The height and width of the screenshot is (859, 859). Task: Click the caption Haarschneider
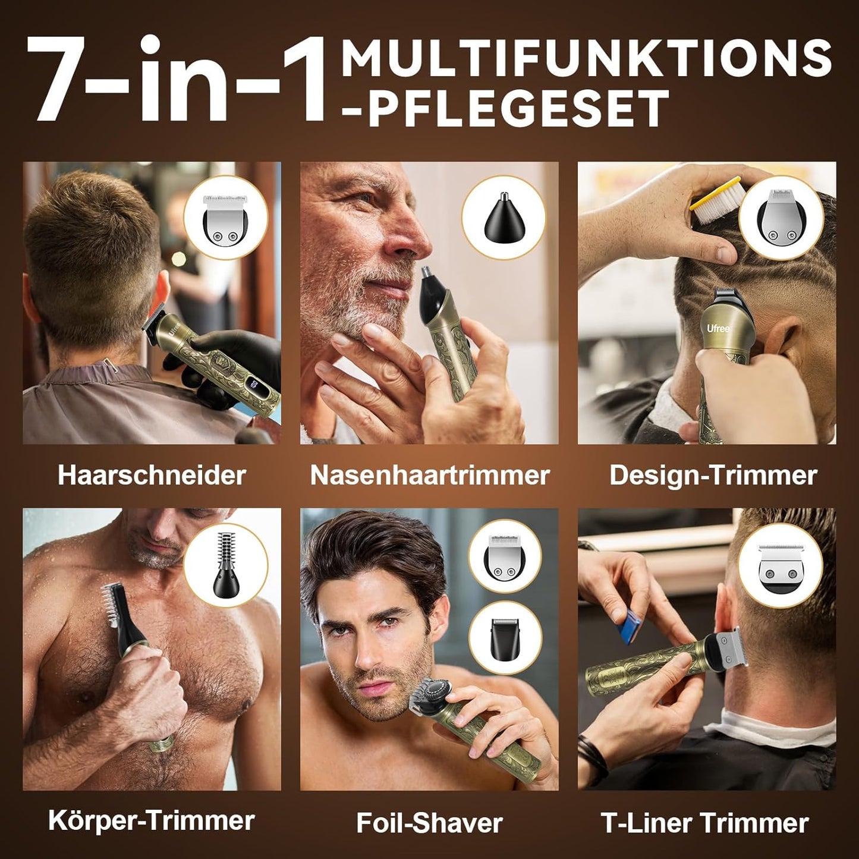tap(152, 475)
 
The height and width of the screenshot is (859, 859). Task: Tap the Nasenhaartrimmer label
tap(430, 475)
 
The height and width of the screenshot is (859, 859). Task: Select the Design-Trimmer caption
tap(713, 475)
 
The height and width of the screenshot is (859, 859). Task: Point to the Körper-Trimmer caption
tap(152, 821)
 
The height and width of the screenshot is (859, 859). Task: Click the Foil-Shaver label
tap(429, 823)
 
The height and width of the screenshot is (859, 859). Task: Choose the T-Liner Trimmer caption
tap(704, 823)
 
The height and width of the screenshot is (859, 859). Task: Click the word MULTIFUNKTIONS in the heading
tap(586, 58)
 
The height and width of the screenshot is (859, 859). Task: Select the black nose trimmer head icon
tap(503, 218)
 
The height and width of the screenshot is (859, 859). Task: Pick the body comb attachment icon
tap(226, 565)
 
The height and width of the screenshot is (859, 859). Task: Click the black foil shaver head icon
tap(505, 637)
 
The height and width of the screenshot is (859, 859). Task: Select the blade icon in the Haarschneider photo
tap(225, 218)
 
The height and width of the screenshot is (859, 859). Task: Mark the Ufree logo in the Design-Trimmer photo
tap(718, 328)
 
